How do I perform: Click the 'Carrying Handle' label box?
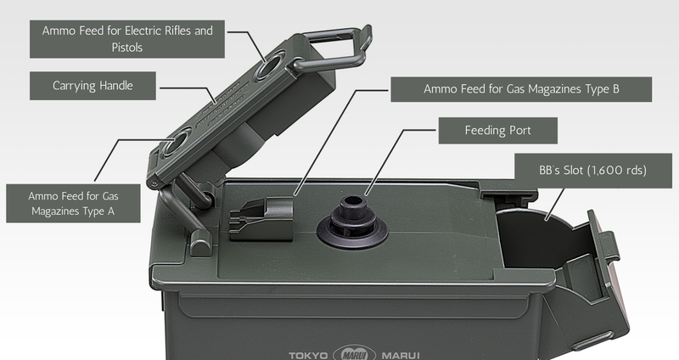point(93,86)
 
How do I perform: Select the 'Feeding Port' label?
point(498,131)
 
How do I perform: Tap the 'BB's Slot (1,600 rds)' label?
point(592,171)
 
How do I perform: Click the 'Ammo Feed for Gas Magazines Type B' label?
point(521,89)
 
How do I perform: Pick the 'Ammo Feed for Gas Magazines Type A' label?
point(73,203)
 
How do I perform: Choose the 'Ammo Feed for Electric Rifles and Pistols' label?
point(126,39)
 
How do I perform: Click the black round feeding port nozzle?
point(352,222)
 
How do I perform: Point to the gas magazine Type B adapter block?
point(261,219)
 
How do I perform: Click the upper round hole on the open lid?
point(271,65)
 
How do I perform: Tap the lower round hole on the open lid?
point(177,142)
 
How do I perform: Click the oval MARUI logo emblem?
point(354,354)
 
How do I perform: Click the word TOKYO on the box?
point(308,356)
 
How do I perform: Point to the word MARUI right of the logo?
point(401,356)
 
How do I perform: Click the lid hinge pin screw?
point(154,184)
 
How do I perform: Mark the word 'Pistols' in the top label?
point(126,48)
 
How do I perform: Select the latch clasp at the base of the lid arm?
point(201,243)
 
